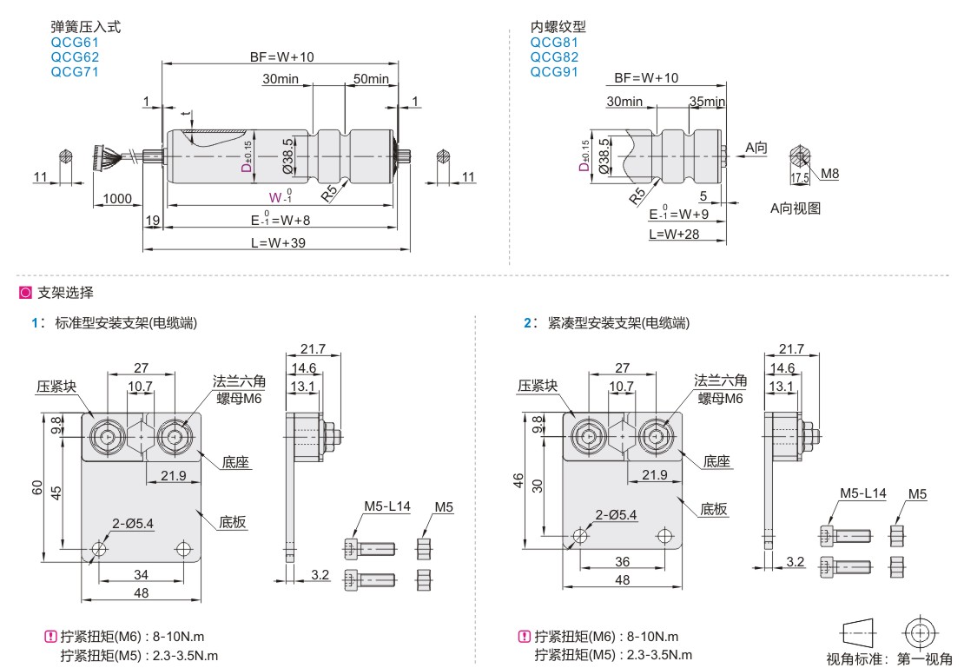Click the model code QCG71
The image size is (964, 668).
pyautogui.click(x=75, y=72)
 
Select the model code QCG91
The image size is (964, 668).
pyautogui.click(x=554, y=72)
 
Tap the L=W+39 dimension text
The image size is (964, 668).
pyautogui.click(x=278, y=242)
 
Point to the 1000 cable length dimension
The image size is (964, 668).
pyautogui.click(x=117, y=199)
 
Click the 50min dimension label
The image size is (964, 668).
pyautogui.click(x=371, y=79)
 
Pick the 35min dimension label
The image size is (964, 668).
pyautogui.click(x=707, y=102)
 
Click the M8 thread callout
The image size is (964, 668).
pyautogui.click(x=829, y=174)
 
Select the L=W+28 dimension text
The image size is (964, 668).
pyautogui.click(x=675, y=234)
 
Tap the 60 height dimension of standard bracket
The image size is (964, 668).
pyautogui.click(x=37, y=488)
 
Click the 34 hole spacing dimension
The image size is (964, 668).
pyautogui.click(x=141, y=574)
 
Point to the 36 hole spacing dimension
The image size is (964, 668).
pyautogui.click(x=623, y=561)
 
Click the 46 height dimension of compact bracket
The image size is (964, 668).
pyautogui.click(x=518, y=480)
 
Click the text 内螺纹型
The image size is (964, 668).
pyautogui.click(x=558, y=27)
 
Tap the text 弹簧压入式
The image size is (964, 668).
pyautogui.click(x=86, y=27)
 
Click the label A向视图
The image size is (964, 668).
pyautogui.click(x=795, y=208)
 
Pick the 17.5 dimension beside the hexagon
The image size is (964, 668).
pyautogui.click(x=800, y=178)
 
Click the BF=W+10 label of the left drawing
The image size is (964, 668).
pyautogui.click(x=281, y=57)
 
